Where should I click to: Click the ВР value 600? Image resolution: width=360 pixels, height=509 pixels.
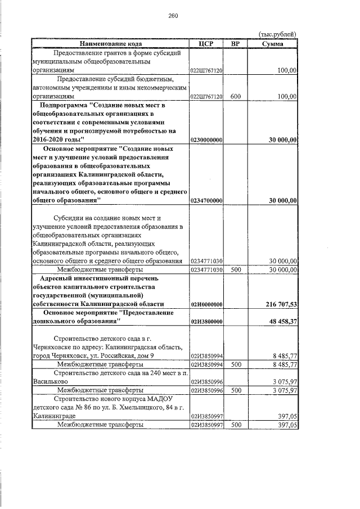(235, 96)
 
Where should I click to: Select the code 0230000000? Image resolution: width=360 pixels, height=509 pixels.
(207, 139)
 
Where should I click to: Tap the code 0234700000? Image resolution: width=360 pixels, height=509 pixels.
(207, 200)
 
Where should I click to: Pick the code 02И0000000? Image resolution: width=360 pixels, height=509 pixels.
(207, 304)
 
